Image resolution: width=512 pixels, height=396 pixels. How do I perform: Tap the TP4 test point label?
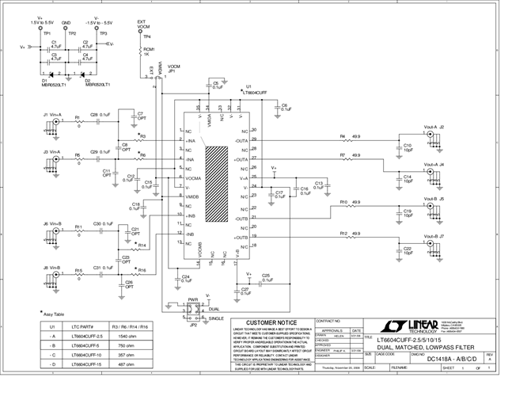coord(147,37)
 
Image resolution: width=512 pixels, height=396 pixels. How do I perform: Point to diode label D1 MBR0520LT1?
coord(55,82)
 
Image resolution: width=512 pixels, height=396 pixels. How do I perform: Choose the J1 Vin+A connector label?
coord(53,114)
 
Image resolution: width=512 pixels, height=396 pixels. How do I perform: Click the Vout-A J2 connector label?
coord(434,127)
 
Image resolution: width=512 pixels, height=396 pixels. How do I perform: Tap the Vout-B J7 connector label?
coord(434,236)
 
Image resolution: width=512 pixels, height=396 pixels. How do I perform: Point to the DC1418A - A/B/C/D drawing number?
coord(448,360)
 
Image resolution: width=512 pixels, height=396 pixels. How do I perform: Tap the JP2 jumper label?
coord(192,325)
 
